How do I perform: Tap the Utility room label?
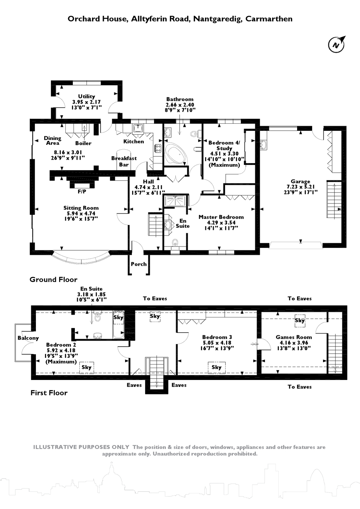(86, 96)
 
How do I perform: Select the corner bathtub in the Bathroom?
(176, 154)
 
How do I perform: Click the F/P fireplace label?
(82, 192)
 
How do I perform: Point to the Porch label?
(139, 264)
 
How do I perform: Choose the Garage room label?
(300, 181)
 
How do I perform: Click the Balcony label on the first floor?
(28, 338)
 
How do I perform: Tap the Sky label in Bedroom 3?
(217, 367)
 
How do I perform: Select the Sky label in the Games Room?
(300, 320)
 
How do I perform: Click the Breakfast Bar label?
(124, 161)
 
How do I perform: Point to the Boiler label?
(83, 143)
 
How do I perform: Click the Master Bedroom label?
(221, 217)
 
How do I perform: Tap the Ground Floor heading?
(53, 279)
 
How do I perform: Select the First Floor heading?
(49, 393)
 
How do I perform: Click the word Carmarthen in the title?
(269, 19)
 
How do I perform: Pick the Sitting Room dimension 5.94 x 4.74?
(81, 213)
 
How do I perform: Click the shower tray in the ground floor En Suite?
(175, 201)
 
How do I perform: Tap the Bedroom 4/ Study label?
(224, 145)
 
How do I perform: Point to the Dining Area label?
(52, 140)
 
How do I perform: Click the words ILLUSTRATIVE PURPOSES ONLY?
(81, 447)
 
